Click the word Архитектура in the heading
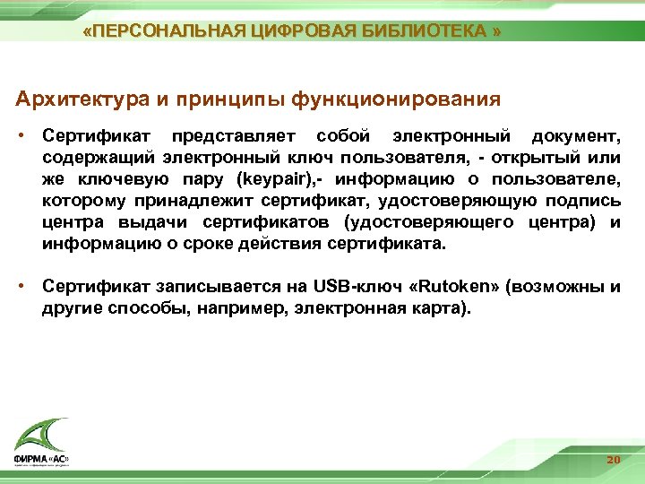pos(85,98)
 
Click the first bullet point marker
pos(28,136)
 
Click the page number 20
pos(613,460)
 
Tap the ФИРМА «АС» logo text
pos(41,460)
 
